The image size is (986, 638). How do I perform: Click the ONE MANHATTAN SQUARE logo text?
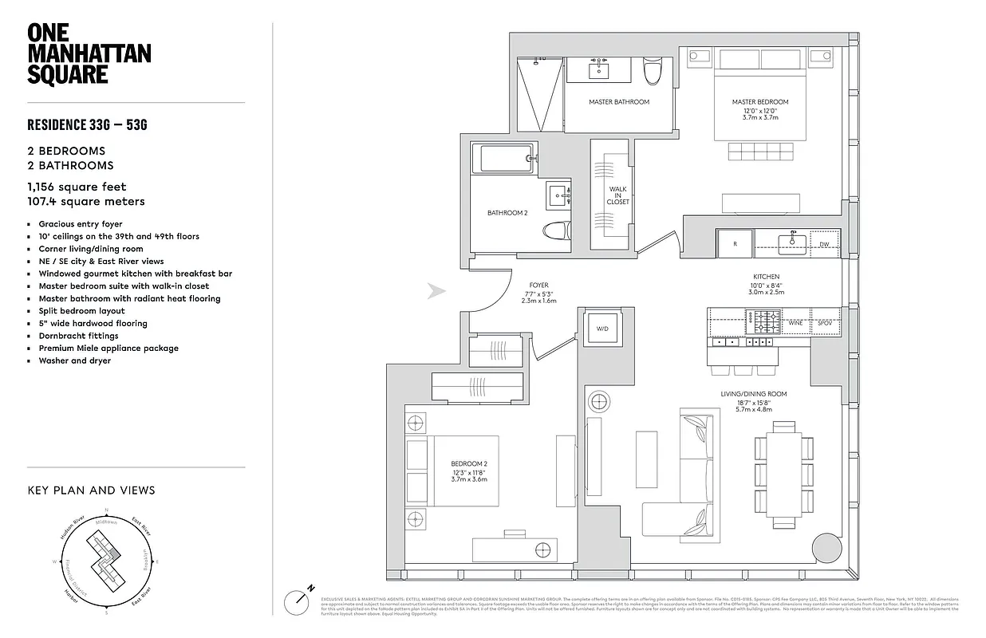(x=89, y=53)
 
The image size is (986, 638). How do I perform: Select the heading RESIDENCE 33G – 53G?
(x=88, y=125)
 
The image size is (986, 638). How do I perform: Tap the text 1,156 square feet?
(x=77, y=187)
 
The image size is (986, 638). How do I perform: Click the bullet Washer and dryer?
(x=75, y=360)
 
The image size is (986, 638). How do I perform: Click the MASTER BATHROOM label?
(x=619, y=102)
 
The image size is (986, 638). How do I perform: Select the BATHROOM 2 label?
(x=507, y=213)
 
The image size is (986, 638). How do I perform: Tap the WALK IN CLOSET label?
(x=617, y=196)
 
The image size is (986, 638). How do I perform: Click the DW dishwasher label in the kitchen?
(x=823, y=244)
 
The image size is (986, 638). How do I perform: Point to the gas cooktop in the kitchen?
(x=763, y=322)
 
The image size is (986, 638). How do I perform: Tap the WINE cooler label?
(x=795, y=323)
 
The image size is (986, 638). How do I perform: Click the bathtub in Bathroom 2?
(x=506, y=158)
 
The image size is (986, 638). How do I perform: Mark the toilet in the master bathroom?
(x=653, y=73)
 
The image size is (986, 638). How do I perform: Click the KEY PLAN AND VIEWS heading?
(x=91, y=490)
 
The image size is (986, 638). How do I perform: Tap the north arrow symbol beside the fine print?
(x=301, y=598)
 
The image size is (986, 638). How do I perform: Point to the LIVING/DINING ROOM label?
(x=754, y=394)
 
